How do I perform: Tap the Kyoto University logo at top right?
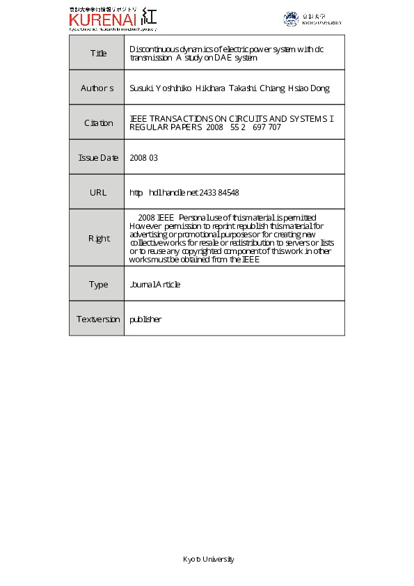coord(312,19)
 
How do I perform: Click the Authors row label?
coord(97,88)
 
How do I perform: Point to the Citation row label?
coord(98,123)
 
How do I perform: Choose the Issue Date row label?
coord(98,158)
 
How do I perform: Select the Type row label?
coord(98,285)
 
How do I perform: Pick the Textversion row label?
coord(97,319)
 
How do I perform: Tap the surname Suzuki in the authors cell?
coord(141,88)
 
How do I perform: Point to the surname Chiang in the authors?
coord(269,88)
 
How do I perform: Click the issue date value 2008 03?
coord(144,158)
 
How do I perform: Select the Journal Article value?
coord(155,285)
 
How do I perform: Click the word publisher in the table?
coord(145,319)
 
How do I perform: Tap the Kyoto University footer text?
coord(209,560)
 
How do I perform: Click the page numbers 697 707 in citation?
coord(266,128)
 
